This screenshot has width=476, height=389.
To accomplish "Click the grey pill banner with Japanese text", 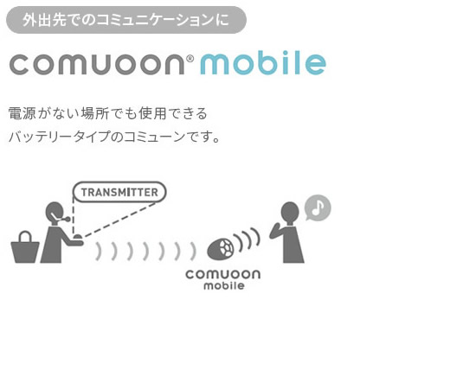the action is [126, 20].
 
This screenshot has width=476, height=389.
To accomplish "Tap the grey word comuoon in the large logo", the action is [97, 64].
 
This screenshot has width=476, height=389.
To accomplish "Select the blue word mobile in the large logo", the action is [263, 63].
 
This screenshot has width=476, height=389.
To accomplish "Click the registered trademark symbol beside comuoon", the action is [190, 58].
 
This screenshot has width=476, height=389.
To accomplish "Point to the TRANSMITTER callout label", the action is [119, 192].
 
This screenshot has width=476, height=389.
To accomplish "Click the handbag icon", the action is [25, 247].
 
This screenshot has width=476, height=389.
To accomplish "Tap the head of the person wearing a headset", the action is [55, 213].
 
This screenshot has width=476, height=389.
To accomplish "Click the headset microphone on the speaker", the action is [61, 218].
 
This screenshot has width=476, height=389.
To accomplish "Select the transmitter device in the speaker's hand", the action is [77, 237].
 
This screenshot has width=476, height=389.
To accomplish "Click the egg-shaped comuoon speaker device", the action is [221, 249].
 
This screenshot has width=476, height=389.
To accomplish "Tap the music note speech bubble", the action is [318, 207].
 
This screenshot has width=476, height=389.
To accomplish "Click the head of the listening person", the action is [290, 213].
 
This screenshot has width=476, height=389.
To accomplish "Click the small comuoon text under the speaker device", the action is [223, 274].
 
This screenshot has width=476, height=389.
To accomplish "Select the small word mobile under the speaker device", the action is [224, 285].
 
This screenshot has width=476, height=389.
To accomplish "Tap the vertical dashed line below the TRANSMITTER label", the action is [74, 216].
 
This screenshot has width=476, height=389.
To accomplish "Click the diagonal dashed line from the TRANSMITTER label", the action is [119, 220].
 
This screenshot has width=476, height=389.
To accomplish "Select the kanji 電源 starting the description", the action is [22, 113].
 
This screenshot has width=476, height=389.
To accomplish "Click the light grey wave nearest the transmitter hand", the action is [98, 252].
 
